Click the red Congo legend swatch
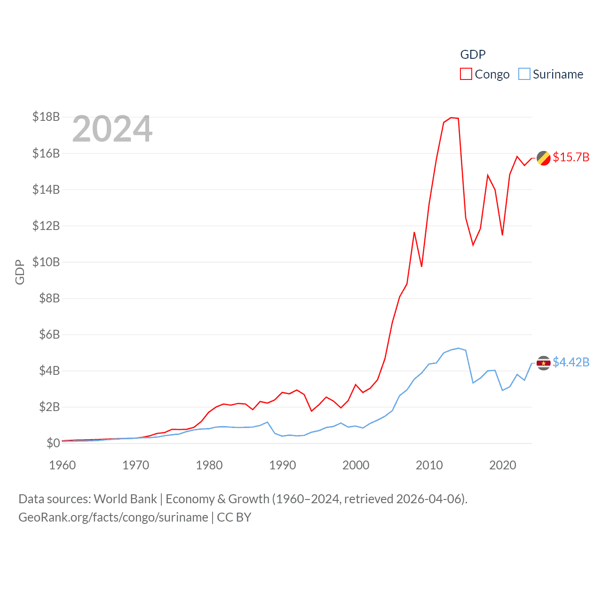[x=466, y=74]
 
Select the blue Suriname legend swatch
[x=524, y=74]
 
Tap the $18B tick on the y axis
[x=46, y=117]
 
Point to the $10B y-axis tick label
[x=46, y=262]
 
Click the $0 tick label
[x=53, y=443]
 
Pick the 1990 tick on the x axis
[x=283, y=466]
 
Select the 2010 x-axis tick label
[x=429, y=466]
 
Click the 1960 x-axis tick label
[x=63, y=466]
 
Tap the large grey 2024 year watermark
[x=112, y=129]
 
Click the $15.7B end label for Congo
[x=571, y=158]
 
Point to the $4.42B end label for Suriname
[x=571, y=362]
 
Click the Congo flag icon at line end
[x=544, y=158]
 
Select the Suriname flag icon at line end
[x=544, y=363]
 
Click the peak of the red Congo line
[x=451, y=118]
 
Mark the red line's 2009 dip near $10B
[x=422, y=266]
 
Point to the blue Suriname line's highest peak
[x=459, y=348]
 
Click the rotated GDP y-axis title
[x=20, y=272]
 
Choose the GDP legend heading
[x=473, y=55]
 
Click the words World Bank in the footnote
[x=125, y=499]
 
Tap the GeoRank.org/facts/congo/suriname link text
[x=113, y=517]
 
